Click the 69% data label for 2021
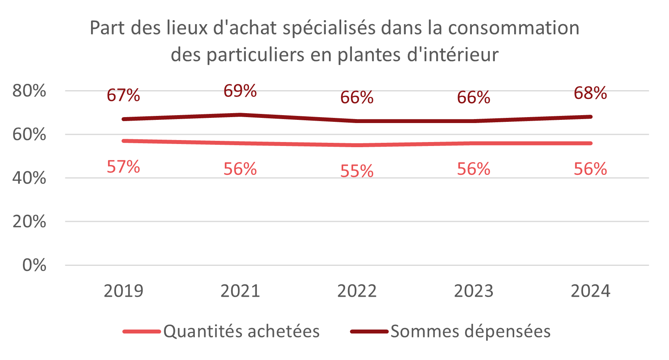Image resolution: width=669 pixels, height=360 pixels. click(x=240, y=91)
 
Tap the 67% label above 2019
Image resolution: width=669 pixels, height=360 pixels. click(x=123, y=95)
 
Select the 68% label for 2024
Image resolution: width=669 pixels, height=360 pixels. click(x=590, y=93)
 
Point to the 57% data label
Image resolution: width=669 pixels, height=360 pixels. click(x=123, y=167)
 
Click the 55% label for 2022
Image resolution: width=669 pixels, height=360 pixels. click(x=357, y=171)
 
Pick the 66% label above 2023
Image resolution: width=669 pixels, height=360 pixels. click(x=473, y=98)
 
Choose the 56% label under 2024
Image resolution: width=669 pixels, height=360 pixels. click(x=590, y=169)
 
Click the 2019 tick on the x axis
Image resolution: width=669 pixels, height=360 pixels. click(x=123, y=291)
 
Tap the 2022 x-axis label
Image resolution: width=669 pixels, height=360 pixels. click(x=357, y=291)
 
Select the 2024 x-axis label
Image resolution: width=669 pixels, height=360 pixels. click(x=590, y=291)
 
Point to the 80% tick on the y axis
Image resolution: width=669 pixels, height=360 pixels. click(x=29, y=91)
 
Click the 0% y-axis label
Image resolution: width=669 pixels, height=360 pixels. click(x=34, y=265)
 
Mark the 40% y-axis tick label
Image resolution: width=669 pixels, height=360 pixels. click(x=29, y=178)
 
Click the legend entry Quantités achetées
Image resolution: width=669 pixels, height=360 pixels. click(x=241, y=332)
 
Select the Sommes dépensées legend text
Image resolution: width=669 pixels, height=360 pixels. click(x=470, y=332)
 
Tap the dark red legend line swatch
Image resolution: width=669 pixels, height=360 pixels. click(x=369, y=332)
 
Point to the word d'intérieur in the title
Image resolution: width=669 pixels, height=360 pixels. click(x=452, y=55)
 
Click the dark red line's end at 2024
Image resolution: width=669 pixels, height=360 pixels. click(x=590, y=117)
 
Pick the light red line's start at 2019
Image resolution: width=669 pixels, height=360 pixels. click(x=124, y=141)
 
